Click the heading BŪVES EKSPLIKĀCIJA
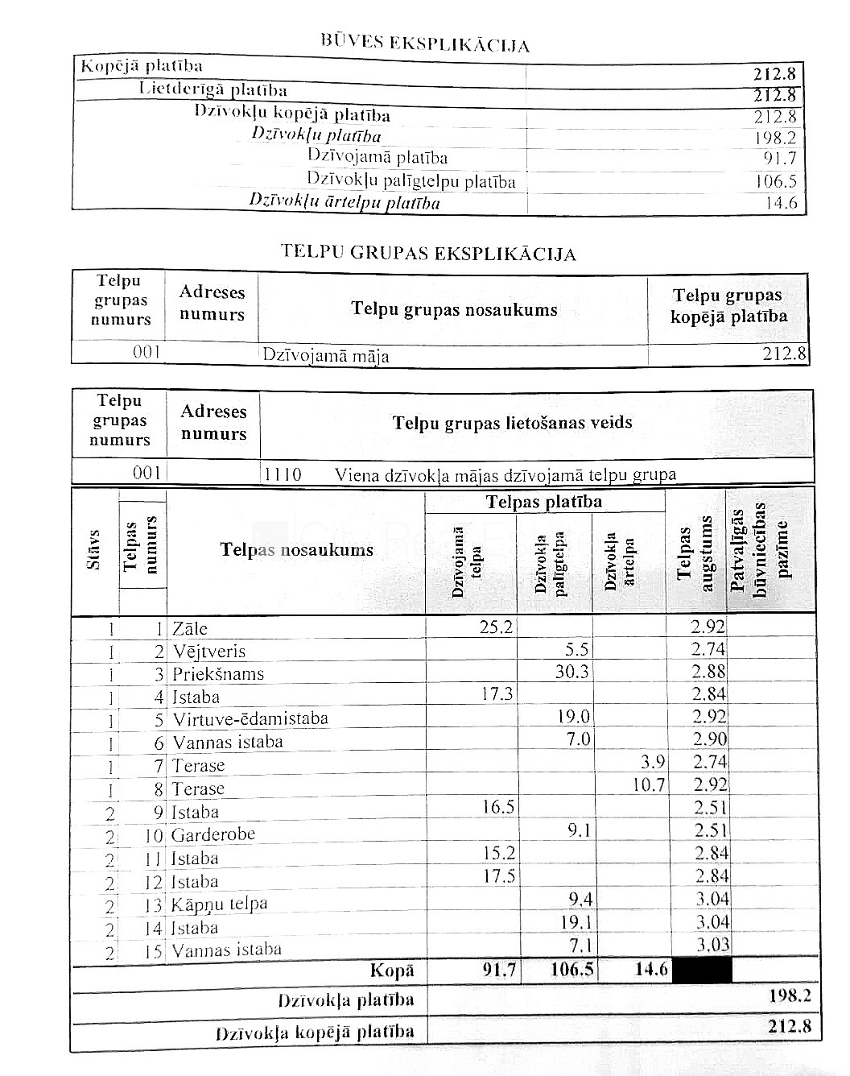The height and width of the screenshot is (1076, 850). (425, 43)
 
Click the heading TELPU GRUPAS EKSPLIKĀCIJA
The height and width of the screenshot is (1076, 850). (428, 253)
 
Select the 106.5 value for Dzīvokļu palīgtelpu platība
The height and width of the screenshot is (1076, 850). (775, 181)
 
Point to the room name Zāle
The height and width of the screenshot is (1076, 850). (190, 629)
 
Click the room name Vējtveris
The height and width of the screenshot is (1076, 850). (209, 652)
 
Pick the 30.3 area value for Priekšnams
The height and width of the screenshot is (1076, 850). (571, 672)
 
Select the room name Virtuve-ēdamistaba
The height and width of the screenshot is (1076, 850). (250, 718)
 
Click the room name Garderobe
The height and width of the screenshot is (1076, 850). (212, 834)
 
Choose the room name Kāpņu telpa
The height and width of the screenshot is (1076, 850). (219, 904)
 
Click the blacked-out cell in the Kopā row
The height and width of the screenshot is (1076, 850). (701, 970)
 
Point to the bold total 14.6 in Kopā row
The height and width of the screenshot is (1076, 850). (651, 970)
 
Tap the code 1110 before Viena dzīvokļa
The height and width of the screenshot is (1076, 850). (283, 474)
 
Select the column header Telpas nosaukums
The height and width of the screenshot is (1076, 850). (296, 550)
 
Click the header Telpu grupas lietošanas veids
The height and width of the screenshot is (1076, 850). (512, 423)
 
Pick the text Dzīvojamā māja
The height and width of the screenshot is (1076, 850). (326, 355)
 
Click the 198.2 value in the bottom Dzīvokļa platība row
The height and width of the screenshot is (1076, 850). (789, 996)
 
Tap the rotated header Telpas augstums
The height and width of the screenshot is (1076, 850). (695, 552)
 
